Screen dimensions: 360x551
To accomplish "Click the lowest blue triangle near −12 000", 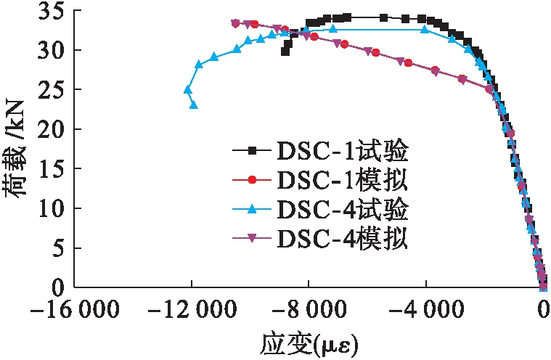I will pyautogui.click(x=194, y=105).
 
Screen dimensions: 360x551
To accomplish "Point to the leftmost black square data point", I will pyautogui.click(x=285, y=52).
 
